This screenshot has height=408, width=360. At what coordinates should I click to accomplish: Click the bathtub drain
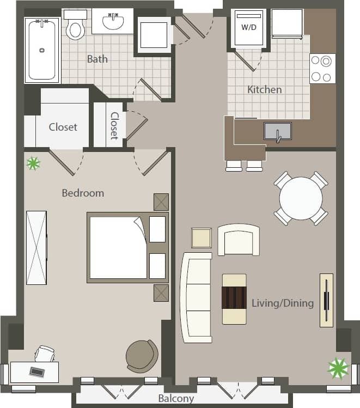click(x=42, y=50)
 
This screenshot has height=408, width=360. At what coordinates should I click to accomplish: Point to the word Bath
click(x=97, y=59)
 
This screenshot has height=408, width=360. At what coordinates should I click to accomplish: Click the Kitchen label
click(x=265, y=89)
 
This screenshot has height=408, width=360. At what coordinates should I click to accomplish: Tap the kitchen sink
click(x=277, y=131)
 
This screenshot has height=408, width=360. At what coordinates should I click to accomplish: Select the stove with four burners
click(x=322, y=69)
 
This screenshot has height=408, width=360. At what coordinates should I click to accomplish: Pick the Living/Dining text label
click(x=283, y=303)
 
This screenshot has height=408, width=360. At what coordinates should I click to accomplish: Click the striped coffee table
click(x=234, y=299)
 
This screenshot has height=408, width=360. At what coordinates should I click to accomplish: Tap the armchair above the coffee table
click(x=239, y=240)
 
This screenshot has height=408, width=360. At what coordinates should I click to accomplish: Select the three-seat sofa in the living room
click(x=196, y=297)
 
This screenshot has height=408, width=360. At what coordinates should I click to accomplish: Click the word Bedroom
click(x=83, y=193)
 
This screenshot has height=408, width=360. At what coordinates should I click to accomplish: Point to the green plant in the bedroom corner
click(x=34, y=162)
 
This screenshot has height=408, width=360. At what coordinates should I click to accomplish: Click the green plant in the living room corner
click(x=338, y=368)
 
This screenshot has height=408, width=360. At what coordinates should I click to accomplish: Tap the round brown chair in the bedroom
click(x=142, y=356)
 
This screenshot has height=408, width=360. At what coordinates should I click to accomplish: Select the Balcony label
click(x=176, y=399)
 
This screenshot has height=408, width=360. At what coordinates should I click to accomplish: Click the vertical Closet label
click(x=115, y=126)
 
